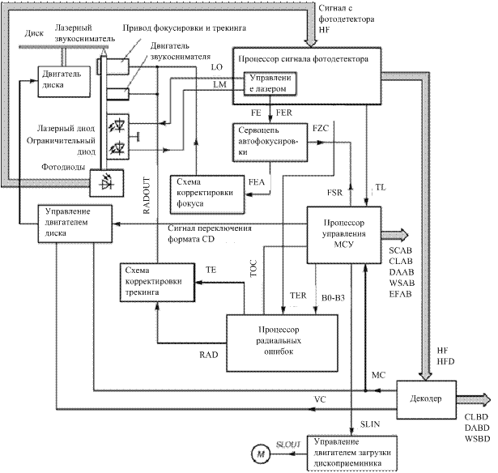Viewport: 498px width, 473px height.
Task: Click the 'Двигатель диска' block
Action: point(64,82)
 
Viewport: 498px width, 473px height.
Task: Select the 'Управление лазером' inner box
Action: point(270,83)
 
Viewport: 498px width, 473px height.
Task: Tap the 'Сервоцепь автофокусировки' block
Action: point(270,143)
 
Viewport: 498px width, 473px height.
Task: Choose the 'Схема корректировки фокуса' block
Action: point(207,194)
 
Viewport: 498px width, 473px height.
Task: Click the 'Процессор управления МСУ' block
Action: point(344,235)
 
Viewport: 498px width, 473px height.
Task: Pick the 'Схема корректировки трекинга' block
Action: point(158,282)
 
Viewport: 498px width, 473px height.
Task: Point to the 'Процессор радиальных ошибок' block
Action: point(282,343)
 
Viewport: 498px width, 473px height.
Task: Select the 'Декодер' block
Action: point(426,399)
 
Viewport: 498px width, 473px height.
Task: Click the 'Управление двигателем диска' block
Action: point(75,224)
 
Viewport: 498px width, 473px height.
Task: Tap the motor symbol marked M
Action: point(261,454)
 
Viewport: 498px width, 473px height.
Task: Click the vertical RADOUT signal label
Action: point(146,195)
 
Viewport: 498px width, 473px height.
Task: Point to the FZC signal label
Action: point(321,128)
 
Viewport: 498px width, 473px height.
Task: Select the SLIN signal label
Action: point(370,424)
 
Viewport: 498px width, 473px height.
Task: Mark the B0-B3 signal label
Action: point(333,298)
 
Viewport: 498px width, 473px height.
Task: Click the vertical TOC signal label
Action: point(253,268)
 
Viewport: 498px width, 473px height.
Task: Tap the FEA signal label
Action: point(257,182)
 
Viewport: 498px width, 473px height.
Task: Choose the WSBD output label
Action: point(478,439)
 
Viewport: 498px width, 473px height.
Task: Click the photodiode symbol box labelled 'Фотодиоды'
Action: point(106,183)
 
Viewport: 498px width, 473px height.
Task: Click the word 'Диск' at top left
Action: point(34,33)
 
